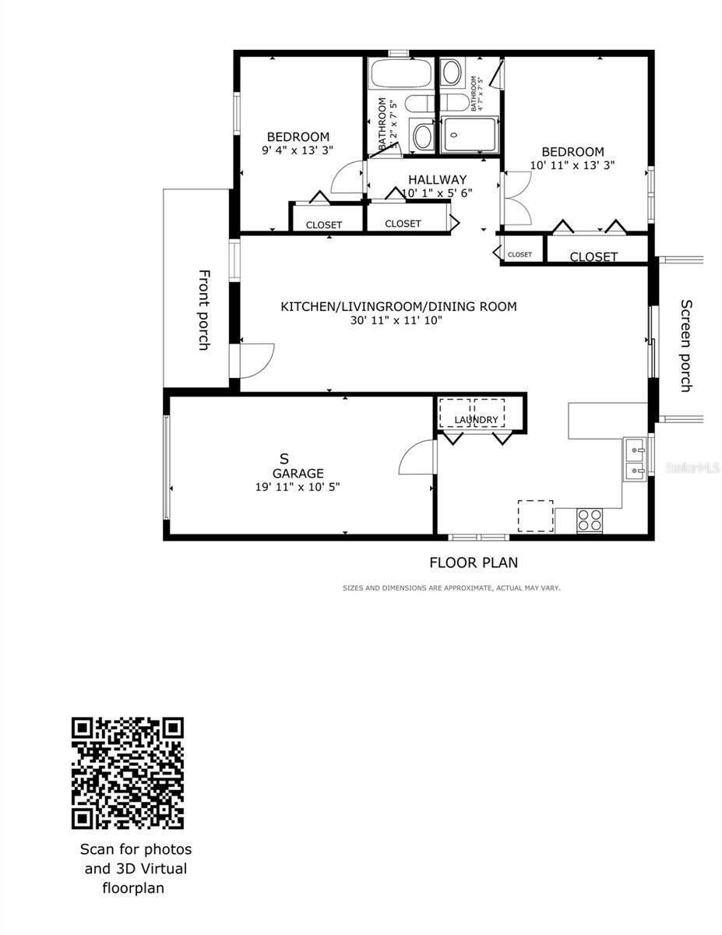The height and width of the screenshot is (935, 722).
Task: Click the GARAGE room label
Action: coord(298,473)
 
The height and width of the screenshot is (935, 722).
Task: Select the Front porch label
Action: coord(203,309)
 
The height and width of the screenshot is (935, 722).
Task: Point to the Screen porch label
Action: coord(686,345)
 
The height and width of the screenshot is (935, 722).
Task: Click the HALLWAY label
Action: coord(437,180)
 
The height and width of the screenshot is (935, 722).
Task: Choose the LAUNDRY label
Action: coord(476,420)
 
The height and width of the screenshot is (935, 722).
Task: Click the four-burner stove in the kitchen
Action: coord(590,520)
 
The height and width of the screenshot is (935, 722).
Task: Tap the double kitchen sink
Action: coord(635,460)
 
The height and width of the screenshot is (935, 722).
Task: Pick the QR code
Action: coord(128,773)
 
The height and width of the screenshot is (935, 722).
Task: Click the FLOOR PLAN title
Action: coord(474,563)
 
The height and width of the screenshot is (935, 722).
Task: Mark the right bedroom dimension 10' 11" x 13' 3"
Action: coord(572,165)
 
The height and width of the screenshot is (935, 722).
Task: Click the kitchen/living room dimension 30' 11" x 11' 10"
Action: coord(396,320)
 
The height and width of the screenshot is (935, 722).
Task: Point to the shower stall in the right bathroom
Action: coord(468,135)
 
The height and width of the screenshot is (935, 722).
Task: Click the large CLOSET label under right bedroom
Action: coord(593,256)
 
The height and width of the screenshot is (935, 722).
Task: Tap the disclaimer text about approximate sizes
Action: coord(451,588)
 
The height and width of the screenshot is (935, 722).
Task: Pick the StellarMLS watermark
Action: coord(692,468)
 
